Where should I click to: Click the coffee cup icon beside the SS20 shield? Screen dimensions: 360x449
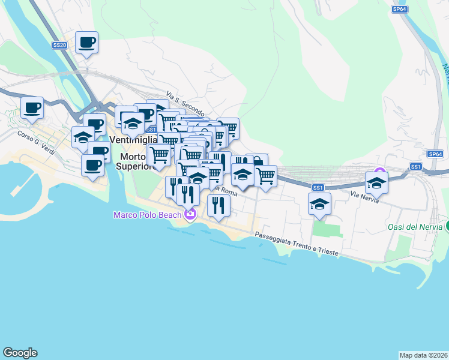86,42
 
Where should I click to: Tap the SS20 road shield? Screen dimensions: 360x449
59,45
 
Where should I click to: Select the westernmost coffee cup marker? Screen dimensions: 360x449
32,108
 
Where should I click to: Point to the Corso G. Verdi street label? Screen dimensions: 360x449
36,143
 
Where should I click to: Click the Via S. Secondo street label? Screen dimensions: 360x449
185,105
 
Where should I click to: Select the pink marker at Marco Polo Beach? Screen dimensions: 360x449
190,214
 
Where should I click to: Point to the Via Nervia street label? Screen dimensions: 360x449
364,197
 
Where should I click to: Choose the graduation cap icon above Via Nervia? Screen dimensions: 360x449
376,182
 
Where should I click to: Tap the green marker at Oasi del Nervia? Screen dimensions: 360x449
447,226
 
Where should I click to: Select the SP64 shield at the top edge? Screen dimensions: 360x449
399,9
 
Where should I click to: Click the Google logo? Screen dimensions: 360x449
20,353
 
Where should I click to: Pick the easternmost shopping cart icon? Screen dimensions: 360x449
265,176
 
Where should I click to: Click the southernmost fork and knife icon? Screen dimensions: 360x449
218,205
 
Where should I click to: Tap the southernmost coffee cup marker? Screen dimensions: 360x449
92,165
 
